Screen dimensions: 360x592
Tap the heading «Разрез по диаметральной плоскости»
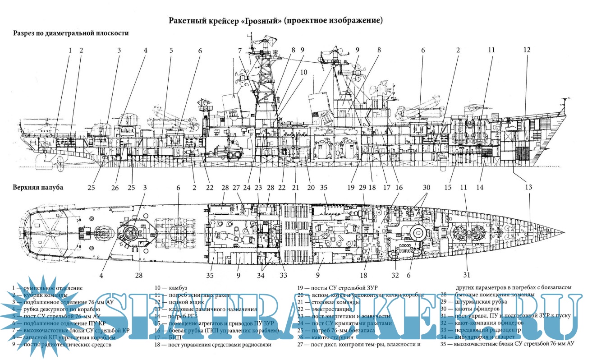[x=71, y=33]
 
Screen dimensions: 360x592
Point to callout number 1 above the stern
[x=70, y=51]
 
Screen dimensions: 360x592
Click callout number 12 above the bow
[x=527, y=51]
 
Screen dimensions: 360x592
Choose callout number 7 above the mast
[x=240, y=51]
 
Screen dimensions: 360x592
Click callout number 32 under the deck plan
[x=395, y=274]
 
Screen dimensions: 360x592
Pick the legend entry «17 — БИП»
[x=167, y=337]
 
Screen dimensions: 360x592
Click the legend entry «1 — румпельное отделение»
[x=47, y=287]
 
